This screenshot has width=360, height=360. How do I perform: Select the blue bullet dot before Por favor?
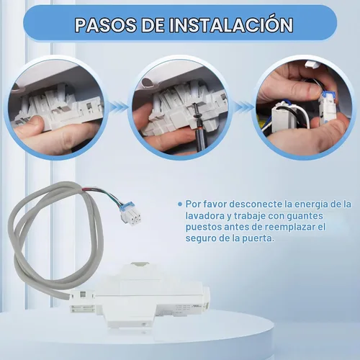pyautogui.click(x=180, y=204)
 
